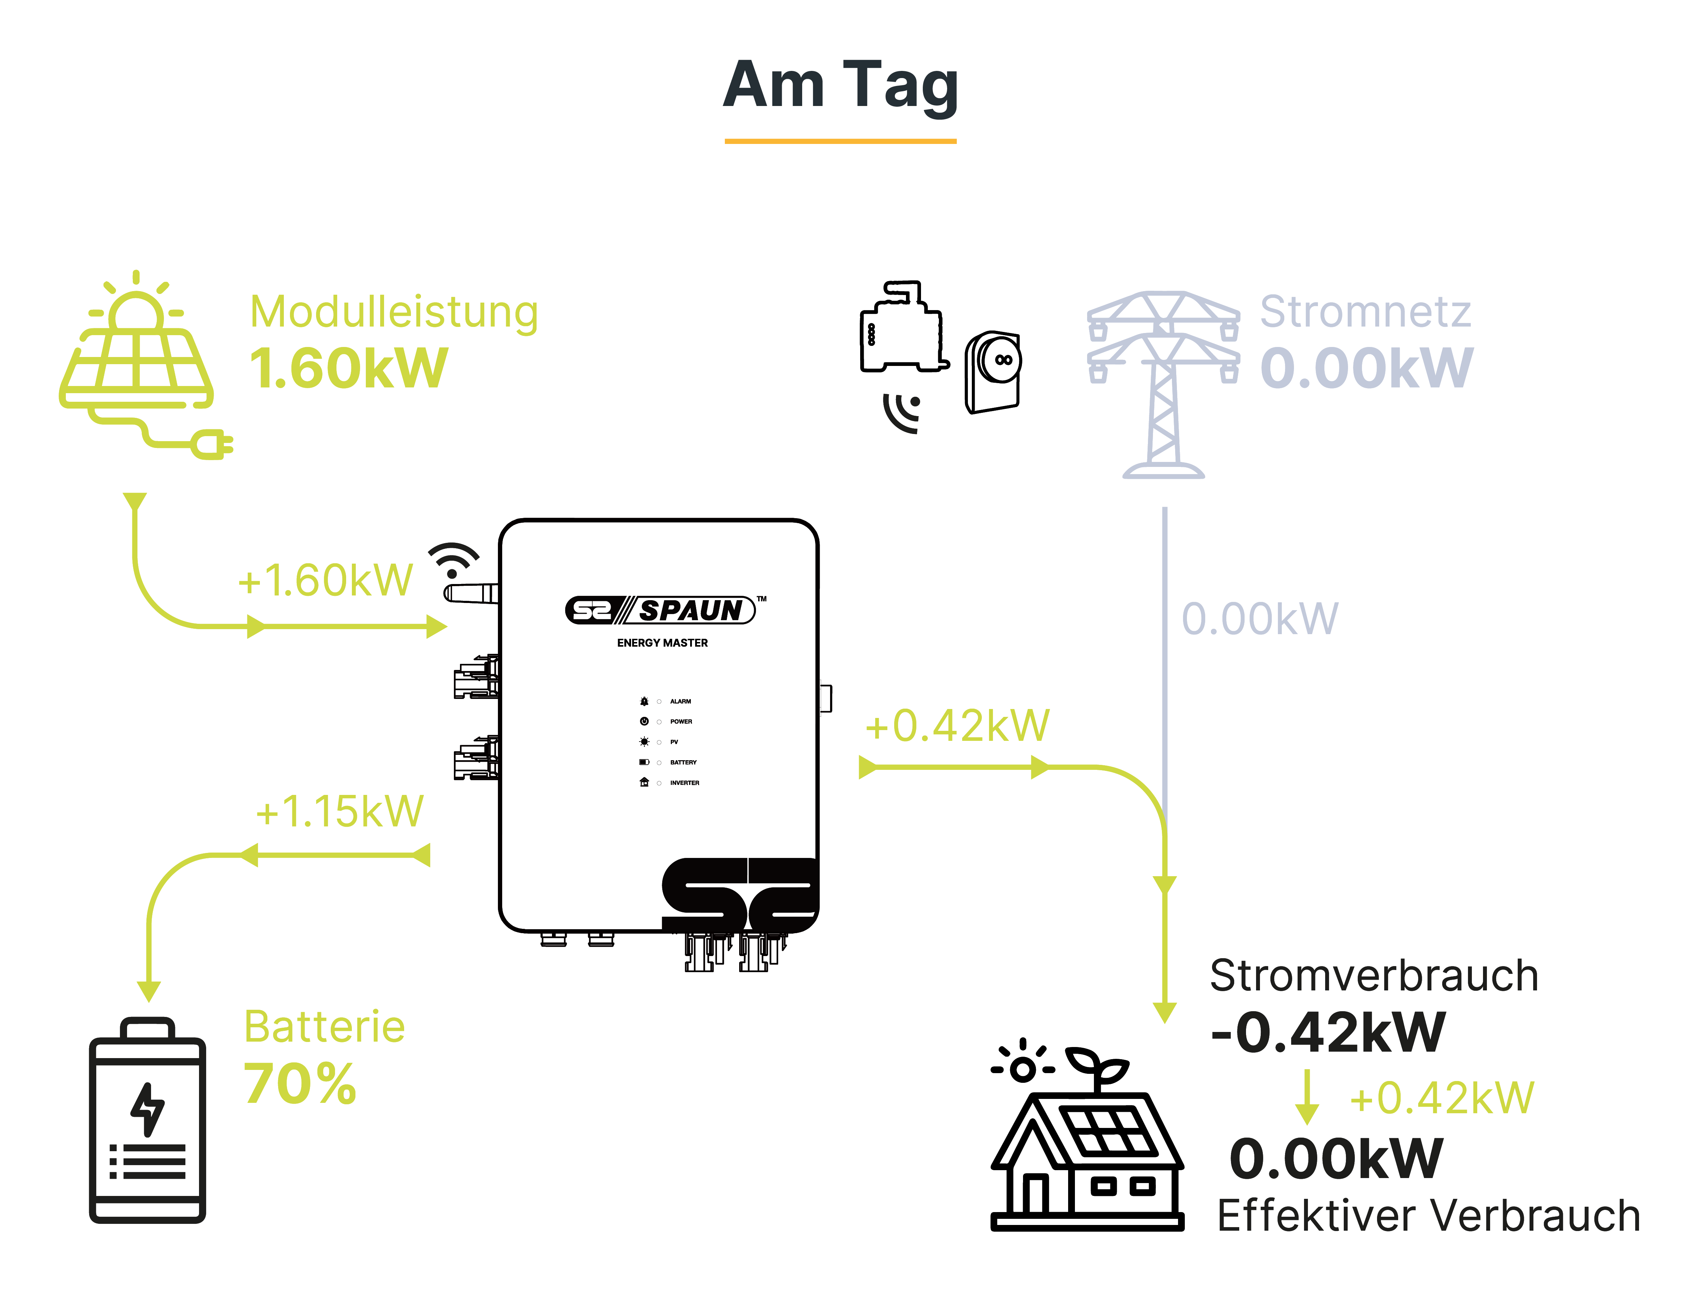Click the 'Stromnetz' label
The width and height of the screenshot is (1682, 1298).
1365,312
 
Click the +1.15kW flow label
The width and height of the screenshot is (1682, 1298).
340,811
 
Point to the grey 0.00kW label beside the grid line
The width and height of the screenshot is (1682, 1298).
1260,619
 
